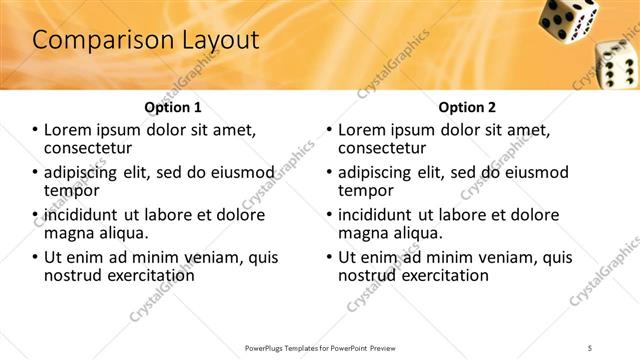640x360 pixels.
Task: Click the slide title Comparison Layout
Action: tap(145, 41)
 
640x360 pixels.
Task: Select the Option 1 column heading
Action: tap(173, 107)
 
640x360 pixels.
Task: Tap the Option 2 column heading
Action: tap(466, 107)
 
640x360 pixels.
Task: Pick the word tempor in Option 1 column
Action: tap(71, 190)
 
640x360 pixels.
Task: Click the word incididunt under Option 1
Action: tap(87, 215)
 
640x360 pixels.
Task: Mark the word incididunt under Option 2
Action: tap(381, 215)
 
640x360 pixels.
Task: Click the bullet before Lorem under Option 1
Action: tap(36, 130)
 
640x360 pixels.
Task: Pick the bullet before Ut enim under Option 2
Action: tap(330, 257)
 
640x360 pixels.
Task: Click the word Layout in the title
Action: tap(214, 41)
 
